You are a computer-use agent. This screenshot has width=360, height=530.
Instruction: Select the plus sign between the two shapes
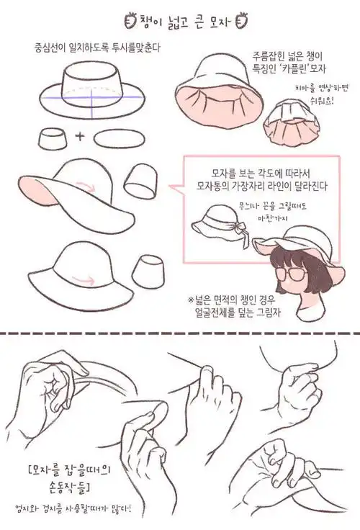click(x=80, y=136)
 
